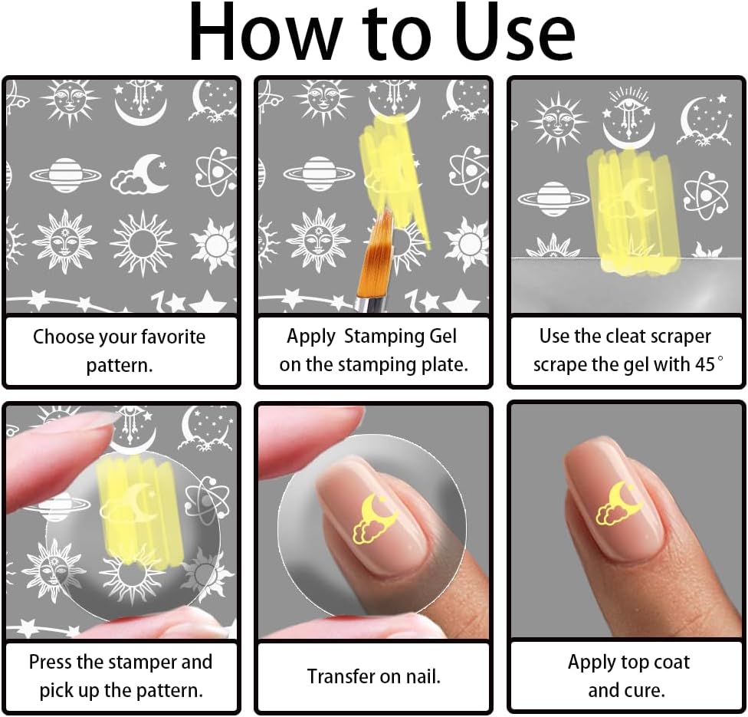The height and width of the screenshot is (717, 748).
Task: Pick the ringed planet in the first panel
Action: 65,175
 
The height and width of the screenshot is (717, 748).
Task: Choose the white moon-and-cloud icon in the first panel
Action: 140,174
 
